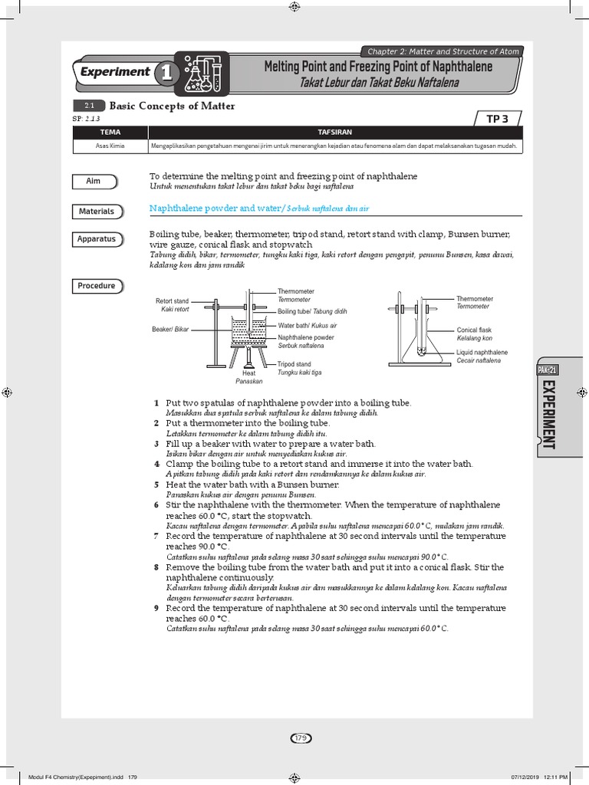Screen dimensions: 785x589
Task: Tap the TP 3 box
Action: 502,118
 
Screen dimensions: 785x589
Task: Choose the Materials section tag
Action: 97,211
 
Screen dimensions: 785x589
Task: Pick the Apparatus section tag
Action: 97,239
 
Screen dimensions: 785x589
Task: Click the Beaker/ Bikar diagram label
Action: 170,329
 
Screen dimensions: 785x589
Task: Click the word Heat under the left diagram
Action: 248,373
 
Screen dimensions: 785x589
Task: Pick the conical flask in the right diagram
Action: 420,341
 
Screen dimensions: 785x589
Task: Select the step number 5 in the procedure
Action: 156,484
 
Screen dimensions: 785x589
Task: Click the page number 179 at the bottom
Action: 299,738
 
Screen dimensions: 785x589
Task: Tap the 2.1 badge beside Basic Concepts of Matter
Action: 88,107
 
